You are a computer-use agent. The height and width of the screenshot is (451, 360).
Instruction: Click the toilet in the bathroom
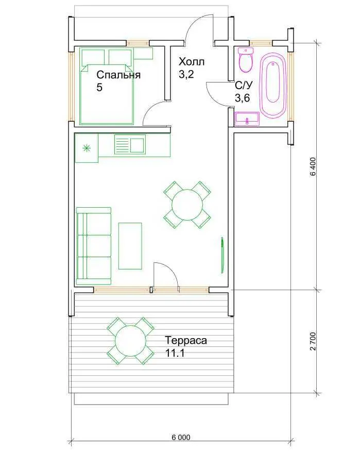[246, 60]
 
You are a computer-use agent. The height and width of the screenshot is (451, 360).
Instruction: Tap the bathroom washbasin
[247, 119]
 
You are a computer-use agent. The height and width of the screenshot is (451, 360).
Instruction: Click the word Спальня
[118, 75]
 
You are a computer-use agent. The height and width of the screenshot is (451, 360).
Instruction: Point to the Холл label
[192, 61]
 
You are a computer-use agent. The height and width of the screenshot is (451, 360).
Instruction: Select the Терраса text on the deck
[186, 340]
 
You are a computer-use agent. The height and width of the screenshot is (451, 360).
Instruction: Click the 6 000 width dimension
[181, 438]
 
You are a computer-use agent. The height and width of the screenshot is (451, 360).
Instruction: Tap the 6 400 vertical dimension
[313, 166]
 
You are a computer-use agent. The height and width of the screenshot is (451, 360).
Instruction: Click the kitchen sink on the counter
[130, 145]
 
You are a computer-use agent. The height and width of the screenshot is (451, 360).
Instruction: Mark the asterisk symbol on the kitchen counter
[86, 148]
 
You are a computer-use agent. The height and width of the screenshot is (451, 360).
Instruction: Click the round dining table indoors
[187, 205]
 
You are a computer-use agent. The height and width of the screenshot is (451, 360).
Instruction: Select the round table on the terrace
[131, 341]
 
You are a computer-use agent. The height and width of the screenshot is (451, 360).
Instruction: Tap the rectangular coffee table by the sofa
[130, 246]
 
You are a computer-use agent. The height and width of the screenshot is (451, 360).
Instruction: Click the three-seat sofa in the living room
[94, 246]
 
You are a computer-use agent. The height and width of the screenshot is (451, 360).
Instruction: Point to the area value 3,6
[242, 98]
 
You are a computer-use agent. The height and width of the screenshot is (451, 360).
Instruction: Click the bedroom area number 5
[99, 87]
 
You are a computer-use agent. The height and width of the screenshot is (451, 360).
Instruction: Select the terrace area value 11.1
[175, 353]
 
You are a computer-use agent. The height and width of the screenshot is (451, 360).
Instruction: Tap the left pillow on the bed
[93, 58]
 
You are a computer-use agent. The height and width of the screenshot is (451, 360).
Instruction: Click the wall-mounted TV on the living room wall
[222, 255]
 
